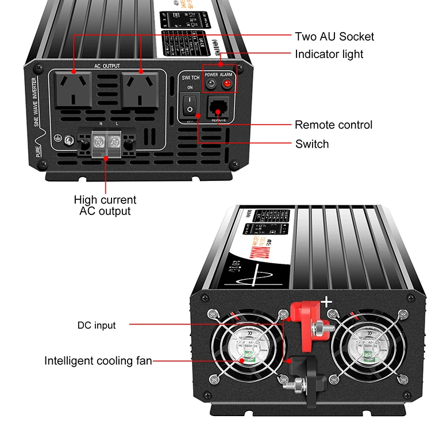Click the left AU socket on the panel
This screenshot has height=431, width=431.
tap(75, 88)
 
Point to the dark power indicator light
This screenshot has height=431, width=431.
tap(211, 85)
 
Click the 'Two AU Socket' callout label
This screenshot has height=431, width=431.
tap(334, 37)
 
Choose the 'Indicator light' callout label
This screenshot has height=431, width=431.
tap(329, 54)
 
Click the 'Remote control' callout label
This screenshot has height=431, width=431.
tap(333, 125)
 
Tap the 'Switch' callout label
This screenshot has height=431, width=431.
tap(312, 144)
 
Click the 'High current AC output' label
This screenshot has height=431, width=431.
tap(105, 205)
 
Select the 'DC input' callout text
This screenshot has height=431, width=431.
tap(97, 325)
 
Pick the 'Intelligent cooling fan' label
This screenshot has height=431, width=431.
tap(98, 361)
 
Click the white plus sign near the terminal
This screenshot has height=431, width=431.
tap(326, 302)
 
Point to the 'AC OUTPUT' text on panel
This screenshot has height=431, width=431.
tap(107, 66)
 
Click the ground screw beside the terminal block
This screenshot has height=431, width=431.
tap(68, 139)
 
